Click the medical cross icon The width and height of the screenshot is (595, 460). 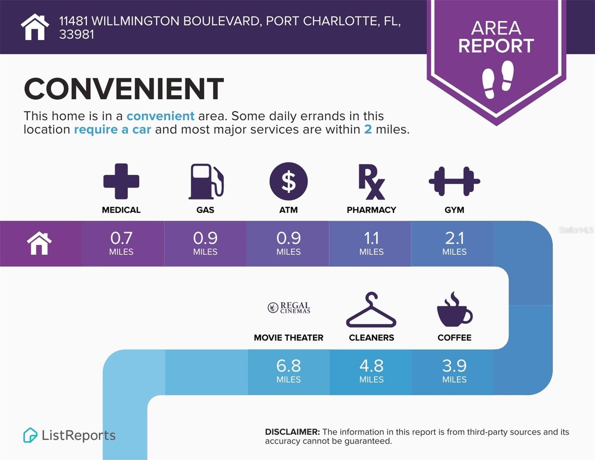coord(121,181)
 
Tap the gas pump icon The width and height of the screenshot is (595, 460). coord(206,181)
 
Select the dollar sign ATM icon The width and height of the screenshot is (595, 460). coord(288,181)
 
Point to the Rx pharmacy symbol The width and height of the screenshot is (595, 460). coord(372,182)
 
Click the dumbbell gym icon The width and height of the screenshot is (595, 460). coord(454,181)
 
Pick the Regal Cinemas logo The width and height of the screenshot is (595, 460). coord(288,307)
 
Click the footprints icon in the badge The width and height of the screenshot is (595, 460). coord(498,79)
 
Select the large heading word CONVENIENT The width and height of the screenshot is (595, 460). coord(124,89)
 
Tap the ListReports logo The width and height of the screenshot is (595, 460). coord(69,435)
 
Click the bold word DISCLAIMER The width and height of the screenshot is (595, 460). coord(292,432)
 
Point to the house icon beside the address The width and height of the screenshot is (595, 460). coord(35,27)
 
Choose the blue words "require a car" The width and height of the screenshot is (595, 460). coord(113,130)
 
